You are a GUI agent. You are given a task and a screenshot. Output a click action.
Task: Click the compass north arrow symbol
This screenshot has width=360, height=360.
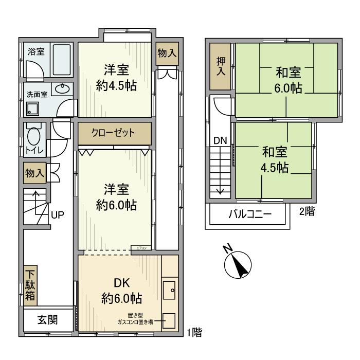[238, 265]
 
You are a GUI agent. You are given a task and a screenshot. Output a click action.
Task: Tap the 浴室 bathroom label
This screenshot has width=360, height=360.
[36, 52]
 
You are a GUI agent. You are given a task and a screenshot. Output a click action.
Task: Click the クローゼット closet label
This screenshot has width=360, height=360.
[114, 133]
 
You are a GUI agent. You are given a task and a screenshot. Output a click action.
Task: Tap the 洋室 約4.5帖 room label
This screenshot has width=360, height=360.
[116, 78]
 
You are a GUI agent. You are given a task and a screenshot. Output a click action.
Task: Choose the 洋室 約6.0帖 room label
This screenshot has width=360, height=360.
[116, 197]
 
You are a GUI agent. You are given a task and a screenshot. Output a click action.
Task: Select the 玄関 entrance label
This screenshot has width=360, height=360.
[47, 320]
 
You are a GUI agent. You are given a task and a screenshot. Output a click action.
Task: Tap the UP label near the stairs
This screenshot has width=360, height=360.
[57, 215]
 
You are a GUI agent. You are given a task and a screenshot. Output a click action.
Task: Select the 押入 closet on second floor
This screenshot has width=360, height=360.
[221, 66]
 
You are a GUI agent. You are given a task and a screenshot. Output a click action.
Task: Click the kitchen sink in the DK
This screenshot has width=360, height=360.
[169, 290]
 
